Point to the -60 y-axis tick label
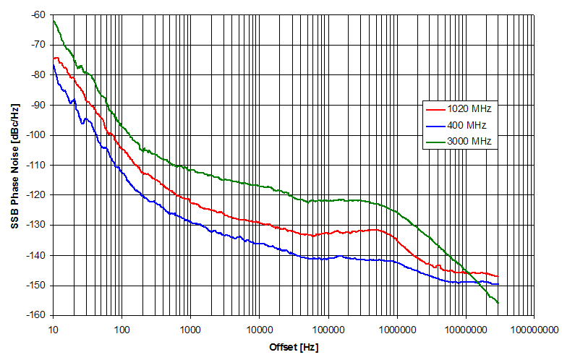tap(38, 14)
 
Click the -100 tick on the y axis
tap(36, 135)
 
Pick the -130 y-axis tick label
tap(36, 226)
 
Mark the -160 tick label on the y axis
tap(36, 316)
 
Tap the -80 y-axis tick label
tap(38, 74)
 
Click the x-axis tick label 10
tap(53, 329)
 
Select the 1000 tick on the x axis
tap(190, 329)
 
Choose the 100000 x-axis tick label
tap(328, 329)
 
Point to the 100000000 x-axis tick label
tap(534, 329)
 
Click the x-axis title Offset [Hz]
tap(292, 348)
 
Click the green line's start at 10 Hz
tap(54, 21)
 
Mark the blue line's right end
tap(498, 284)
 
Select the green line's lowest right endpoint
tap(498, 302)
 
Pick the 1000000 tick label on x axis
tap(396, 329)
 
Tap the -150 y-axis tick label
tap(36, 286)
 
